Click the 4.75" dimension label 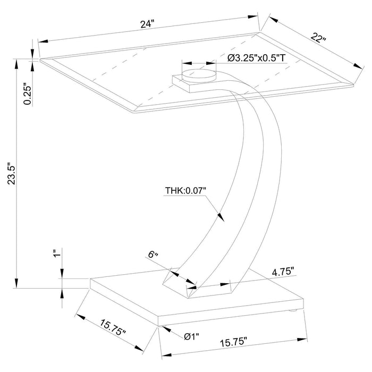coord(283,272)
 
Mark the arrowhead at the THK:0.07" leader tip coord(222,218)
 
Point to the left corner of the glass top coord(41,60)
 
